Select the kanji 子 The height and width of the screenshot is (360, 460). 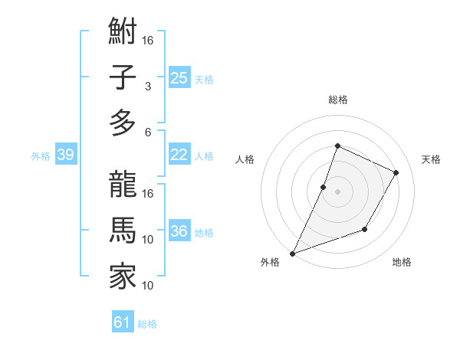123,78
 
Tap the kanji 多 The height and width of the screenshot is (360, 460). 123,123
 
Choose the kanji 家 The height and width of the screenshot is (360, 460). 123,276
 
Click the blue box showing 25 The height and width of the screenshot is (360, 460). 179,77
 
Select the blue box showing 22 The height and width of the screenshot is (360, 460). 179,155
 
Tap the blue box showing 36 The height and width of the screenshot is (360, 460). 179,231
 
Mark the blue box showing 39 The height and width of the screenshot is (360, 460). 65,155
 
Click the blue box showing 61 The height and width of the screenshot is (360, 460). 123,322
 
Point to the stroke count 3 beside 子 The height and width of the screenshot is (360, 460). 147,87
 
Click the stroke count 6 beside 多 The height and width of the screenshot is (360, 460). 147,132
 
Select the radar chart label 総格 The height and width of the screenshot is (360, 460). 337,100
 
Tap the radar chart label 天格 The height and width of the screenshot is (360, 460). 431,159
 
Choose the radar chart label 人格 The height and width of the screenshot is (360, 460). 245,159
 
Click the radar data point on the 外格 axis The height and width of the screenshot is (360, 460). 292,254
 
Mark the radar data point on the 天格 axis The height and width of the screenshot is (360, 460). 396,172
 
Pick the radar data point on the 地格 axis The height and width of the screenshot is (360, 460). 365,229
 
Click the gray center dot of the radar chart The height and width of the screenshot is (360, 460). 337,191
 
